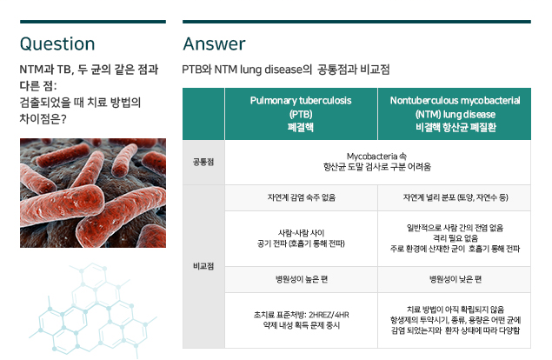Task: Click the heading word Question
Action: [x=57, y=44]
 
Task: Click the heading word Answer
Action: [x=214, y=44]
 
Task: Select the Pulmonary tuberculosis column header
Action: [x=301, y=114]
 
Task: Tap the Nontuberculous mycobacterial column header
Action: [x=455, y=114]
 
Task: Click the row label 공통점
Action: [x=203, y=162]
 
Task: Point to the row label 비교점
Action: [x=203, y=266]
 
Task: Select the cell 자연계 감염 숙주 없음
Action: [x=301, y=197]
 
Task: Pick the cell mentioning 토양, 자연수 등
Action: [x=456, y=197]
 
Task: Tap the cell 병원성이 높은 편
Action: [x=301, y=279]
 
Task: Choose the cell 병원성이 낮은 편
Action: [x=456, y=279]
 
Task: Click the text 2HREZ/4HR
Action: [x=329, y=315]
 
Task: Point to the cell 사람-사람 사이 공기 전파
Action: [x=301, y=238]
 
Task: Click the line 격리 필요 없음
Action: [x=456, y=238]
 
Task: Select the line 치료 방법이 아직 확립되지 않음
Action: [x=456, y=310]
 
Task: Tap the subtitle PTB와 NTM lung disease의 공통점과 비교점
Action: [x=285, y=70]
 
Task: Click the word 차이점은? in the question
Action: [x=43, y=119]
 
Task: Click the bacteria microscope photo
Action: [x=93, y=193]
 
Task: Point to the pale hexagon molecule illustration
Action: [x=93, y=310]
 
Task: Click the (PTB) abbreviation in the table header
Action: [x=301, y=114]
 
